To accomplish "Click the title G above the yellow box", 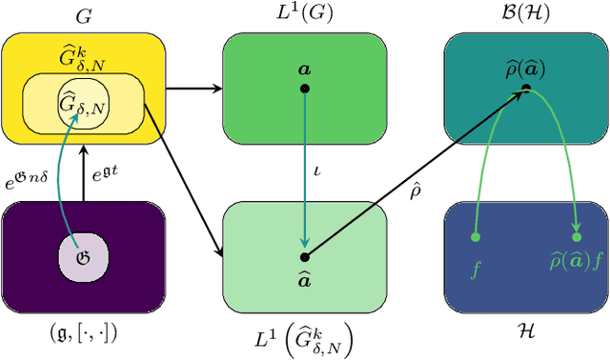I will pos(82,17).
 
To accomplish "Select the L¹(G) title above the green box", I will pos(304,17).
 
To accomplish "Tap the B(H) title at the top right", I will pos(525,17).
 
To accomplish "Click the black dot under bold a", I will pos(304,89).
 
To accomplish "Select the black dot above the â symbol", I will pos(304,256).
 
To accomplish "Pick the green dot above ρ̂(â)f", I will pos(577,236).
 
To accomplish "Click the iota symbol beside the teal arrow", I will pos(316,171).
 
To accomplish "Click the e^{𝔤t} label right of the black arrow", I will pos(108,174).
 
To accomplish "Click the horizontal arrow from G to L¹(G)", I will pos(194,90).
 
